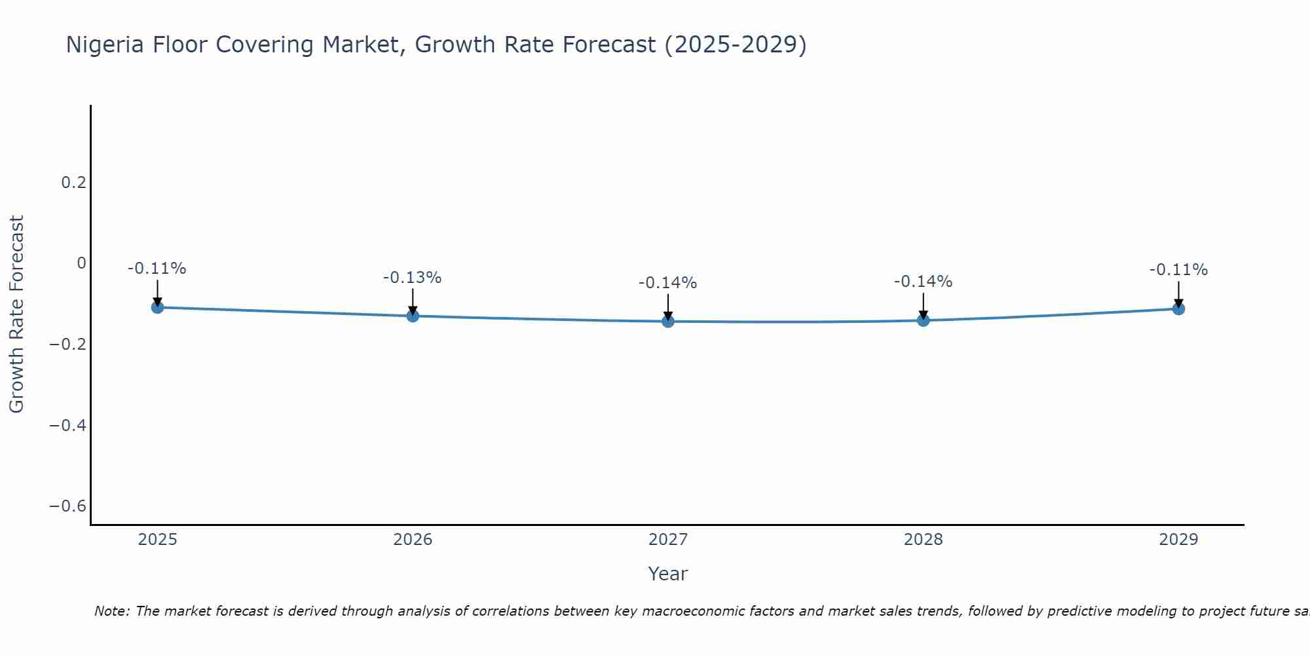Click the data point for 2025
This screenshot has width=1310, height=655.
point(157,307)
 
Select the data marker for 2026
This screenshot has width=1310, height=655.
point(413,316)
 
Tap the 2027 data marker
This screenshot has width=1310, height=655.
point(668,321)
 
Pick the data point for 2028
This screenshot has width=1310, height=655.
point(924,320)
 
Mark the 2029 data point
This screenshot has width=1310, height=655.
point(1178,309)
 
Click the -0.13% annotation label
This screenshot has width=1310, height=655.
point(412,278)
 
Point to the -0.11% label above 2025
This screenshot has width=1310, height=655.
point(157,269)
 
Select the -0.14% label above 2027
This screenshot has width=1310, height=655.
point(667,283)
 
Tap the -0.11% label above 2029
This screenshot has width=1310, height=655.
point(1178,270)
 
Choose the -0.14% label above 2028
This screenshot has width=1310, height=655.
point(923,282)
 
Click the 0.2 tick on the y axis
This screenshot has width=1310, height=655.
point(73,183)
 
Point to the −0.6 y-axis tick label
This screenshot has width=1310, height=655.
point(68,506)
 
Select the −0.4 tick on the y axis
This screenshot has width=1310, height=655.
point(68,426)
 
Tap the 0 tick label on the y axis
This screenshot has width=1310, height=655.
point(81,263)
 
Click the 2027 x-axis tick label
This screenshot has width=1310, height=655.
point(668,540)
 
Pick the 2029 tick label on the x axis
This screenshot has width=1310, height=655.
point(1178,540)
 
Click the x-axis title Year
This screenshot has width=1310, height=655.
point(667,574)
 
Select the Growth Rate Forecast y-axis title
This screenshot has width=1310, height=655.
point(16,314)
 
